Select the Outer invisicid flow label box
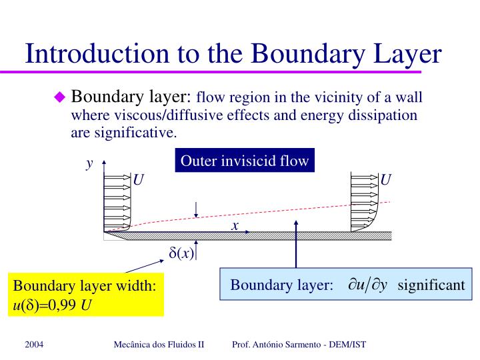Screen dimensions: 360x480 point(245,161)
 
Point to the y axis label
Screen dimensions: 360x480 point(89,163)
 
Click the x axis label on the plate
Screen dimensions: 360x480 point(235,226)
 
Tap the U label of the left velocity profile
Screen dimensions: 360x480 point(139,180)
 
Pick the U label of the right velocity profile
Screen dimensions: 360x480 point(385,180)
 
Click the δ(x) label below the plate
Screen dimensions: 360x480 point(181,253)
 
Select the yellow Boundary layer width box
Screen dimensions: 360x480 point(85,295)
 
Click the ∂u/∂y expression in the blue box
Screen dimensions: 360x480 point(367,285)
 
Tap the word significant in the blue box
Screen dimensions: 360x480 point(431,285)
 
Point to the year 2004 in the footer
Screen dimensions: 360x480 point(35,344)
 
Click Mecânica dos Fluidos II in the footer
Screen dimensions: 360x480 point(159,344)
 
